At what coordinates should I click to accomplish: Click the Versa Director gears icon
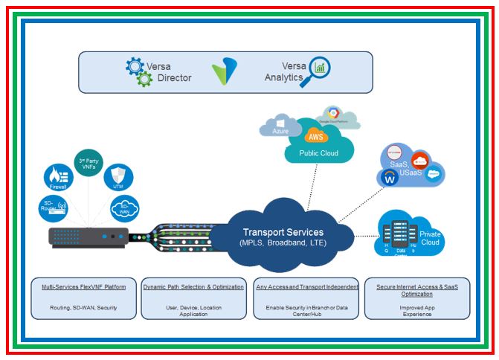click(x=138, y=72)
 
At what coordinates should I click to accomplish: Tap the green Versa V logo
click(x=223, y=72)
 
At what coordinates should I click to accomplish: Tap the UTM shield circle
click(x=117, y=178)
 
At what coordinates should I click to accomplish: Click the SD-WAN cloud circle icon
click(x=124, y=210)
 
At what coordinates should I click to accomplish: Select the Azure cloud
click(x=280, y=127)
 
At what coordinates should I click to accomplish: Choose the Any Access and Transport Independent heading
click(x=306, y=286)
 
